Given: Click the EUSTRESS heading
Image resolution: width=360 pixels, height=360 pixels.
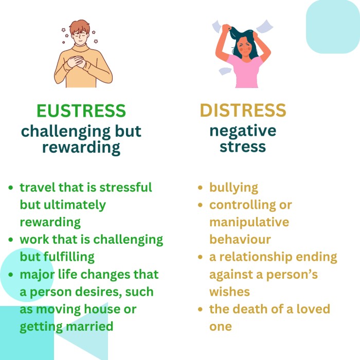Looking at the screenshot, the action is click(x=81, y=111).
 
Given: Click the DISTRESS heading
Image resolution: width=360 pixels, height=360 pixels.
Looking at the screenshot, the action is click(x=243, y=110).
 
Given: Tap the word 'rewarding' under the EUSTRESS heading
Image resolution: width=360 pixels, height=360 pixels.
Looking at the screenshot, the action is click(x=81, y=148).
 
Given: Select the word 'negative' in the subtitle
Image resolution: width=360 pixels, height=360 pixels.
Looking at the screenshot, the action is click(x=243, y=131).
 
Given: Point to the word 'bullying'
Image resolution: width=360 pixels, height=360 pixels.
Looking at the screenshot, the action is click(x=233, y=188).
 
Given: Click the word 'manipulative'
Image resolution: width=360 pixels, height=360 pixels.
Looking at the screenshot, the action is click(x=249, y=222).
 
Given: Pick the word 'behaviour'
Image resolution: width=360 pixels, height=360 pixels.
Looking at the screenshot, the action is click(x=240, y=239).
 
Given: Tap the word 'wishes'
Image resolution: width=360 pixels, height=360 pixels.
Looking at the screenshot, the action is click(x=229, y=292).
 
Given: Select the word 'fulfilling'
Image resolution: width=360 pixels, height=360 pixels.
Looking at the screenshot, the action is click(x=69, y=257).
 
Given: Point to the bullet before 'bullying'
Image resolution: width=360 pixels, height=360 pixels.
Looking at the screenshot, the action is click(x=200, y=188).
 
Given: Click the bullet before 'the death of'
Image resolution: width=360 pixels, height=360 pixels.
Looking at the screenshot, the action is click(x=200, y=309).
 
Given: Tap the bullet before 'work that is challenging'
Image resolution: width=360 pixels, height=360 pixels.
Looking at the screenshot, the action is click(x=11, y=240).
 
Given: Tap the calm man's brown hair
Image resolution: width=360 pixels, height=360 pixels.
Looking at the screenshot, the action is click(x=79, y=26).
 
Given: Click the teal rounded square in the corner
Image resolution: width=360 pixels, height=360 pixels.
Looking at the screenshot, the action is click(x=333, y=27).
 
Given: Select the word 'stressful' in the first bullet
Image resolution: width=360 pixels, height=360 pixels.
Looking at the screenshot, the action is click(x=125, y=187).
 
